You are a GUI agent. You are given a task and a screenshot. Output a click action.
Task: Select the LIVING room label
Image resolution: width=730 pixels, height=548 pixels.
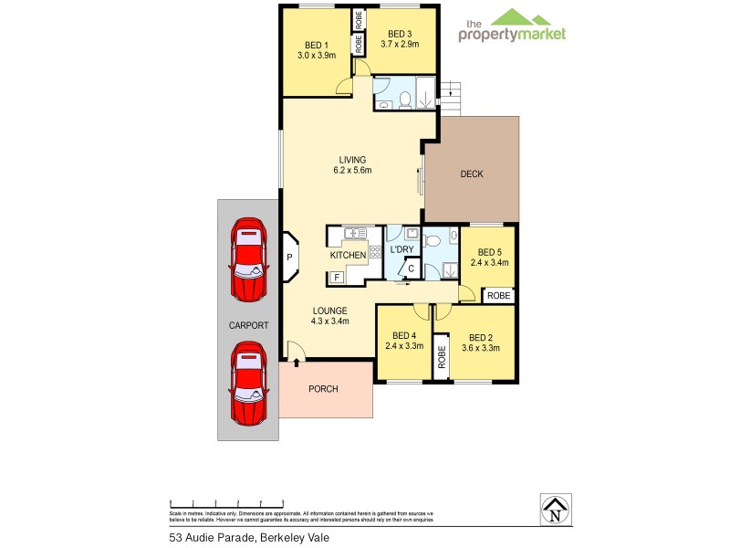click(x=351, y=159)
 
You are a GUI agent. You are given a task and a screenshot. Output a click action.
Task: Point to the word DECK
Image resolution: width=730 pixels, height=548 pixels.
click(x=471, y=174)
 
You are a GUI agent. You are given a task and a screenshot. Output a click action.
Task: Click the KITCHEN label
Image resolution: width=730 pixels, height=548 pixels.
click(x=348, y=256)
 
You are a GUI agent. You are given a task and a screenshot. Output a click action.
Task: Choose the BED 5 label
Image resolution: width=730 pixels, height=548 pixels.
click(x=490, y=252)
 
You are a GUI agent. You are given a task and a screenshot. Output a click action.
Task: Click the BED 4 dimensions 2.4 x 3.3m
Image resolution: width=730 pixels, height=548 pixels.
click(x=404, y=347)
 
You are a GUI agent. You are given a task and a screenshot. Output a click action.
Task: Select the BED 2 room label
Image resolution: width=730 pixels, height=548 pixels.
click(x=481, y=336)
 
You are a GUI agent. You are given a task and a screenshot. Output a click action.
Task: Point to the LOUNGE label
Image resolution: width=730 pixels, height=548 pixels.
click(x=330, y=311)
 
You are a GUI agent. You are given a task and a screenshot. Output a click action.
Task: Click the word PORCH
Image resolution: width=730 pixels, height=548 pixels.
click(x=323, y=389)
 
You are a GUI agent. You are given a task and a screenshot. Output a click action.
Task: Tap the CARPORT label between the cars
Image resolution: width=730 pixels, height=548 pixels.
click(x=247, y=325)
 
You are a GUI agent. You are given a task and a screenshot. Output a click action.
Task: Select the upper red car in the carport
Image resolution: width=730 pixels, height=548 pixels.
click(x=248, y=259)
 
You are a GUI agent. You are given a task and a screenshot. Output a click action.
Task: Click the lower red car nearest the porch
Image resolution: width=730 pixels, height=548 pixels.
click(x=248, y=384)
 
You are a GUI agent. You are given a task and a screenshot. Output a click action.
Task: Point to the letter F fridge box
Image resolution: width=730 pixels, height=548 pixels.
click(x=336, y=277)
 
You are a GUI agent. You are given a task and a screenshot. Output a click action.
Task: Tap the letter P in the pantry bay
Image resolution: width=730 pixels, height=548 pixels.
click(x=289, y=258)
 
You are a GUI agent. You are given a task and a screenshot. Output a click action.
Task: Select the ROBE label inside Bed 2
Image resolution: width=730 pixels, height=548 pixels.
click(x=442, y=354)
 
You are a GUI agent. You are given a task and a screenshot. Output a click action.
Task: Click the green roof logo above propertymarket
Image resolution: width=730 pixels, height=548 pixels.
click(x=512, y=17)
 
